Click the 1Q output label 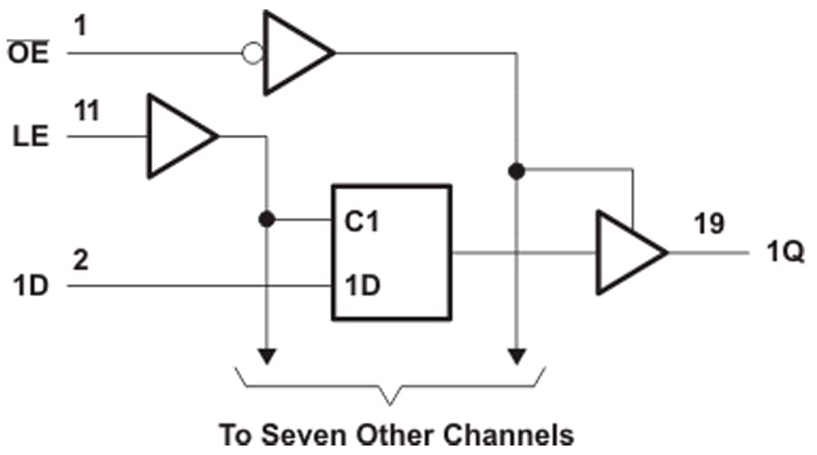click(783, 252)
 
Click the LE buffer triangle click(180, 137)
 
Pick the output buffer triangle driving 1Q click(627, 252)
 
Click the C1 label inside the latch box click(361, 222)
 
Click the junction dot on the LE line click(267, 219)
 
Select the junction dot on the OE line click(517, 170)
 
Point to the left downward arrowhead click(267, 355)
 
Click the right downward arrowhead click(517, 355)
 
